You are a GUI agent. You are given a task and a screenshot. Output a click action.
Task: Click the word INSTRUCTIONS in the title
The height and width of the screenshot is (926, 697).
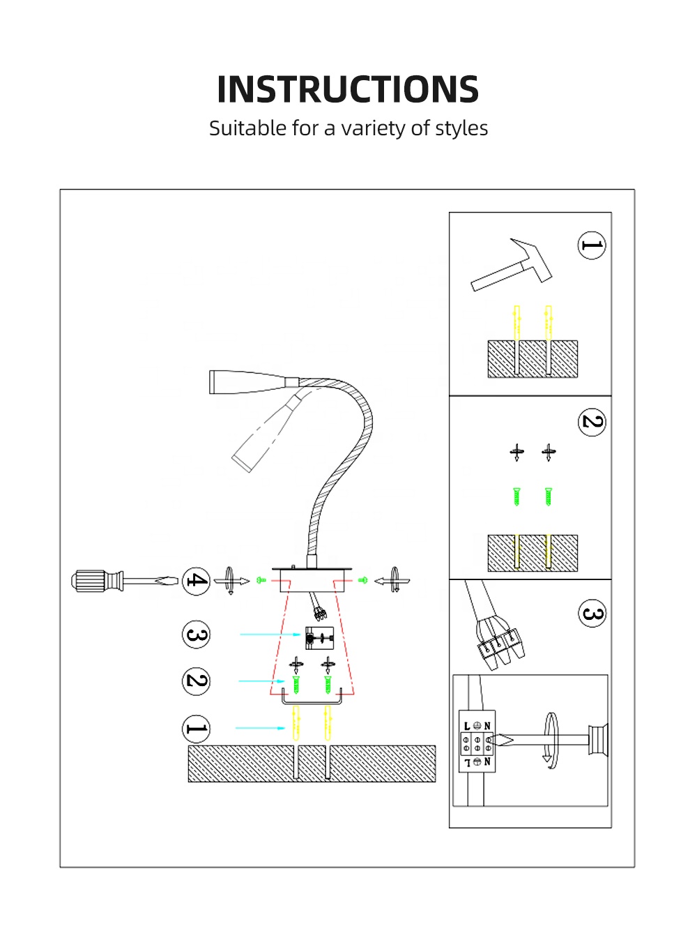point(348,89)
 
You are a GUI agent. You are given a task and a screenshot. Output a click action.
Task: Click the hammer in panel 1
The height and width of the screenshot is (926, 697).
point(512,266)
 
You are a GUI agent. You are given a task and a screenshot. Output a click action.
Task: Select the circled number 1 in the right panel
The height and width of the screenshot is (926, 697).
point(592,245)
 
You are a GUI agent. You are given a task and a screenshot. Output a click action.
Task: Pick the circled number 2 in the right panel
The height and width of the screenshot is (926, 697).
point(592,422)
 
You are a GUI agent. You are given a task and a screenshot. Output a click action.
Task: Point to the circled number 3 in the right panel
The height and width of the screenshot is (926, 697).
point(592,614)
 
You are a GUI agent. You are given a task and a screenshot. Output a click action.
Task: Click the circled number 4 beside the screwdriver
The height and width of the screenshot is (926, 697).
point(196,581)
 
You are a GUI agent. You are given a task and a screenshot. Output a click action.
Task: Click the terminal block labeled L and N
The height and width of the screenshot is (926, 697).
point(477,744)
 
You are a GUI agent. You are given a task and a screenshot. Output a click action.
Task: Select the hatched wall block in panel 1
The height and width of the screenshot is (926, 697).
point(533,359)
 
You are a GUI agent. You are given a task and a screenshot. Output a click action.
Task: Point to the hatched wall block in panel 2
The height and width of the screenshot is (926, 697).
point(533,553)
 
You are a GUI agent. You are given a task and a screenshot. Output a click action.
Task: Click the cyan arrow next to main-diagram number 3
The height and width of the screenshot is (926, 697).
point(270,635)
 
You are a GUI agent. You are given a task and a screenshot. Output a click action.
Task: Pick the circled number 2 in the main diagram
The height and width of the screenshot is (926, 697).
point(196,681)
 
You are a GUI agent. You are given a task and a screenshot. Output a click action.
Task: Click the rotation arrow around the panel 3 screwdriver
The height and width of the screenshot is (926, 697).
point(551,741)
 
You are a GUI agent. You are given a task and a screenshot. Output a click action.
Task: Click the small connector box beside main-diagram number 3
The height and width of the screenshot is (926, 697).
point(320,637)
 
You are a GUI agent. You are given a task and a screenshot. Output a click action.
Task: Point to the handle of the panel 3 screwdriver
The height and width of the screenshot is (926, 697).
point(598,740)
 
